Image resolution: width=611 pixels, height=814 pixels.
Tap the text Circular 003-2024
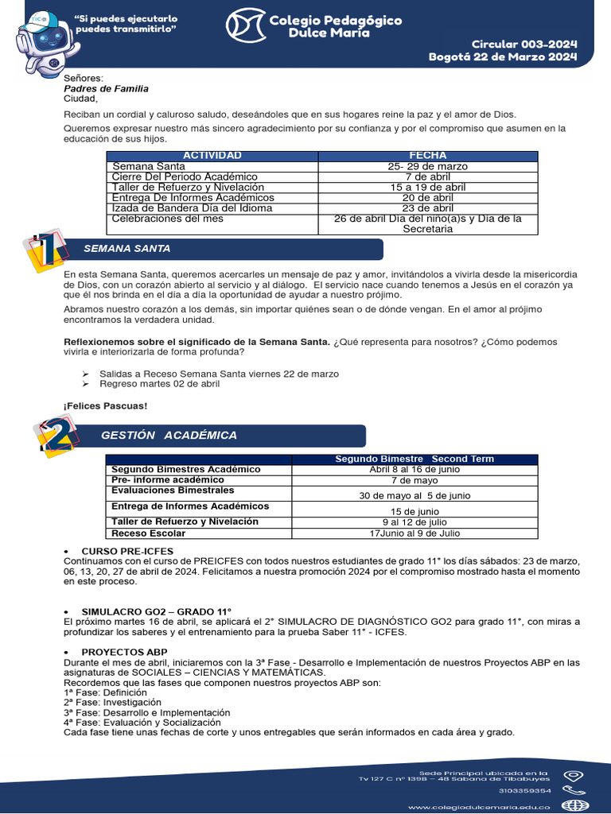click(x=524, y=44)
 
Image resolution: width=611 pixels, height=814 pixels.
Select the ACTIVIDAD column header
click(x=212, y=156)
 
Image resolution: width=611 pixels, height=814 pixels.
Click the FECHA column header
click(x=427, y=156)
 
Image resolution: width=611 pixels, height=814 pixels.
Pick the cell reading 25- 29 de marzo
click(x=427, y=166)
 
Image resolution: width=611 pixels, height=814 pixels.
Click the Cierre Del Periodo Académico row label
click(x=185, y=176)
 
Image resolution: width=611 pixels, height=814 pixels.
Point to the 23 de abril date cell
click(x=427, y=207)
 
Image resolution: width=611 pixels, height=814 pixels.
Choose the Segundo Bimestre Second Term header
click(x=414, y=459)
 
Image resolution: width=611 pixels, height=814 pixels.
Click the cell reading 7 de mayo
click(x=414, y=481)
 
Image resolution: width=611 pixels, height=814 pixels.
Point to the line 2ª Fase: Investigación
click(x=112, y=702)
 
